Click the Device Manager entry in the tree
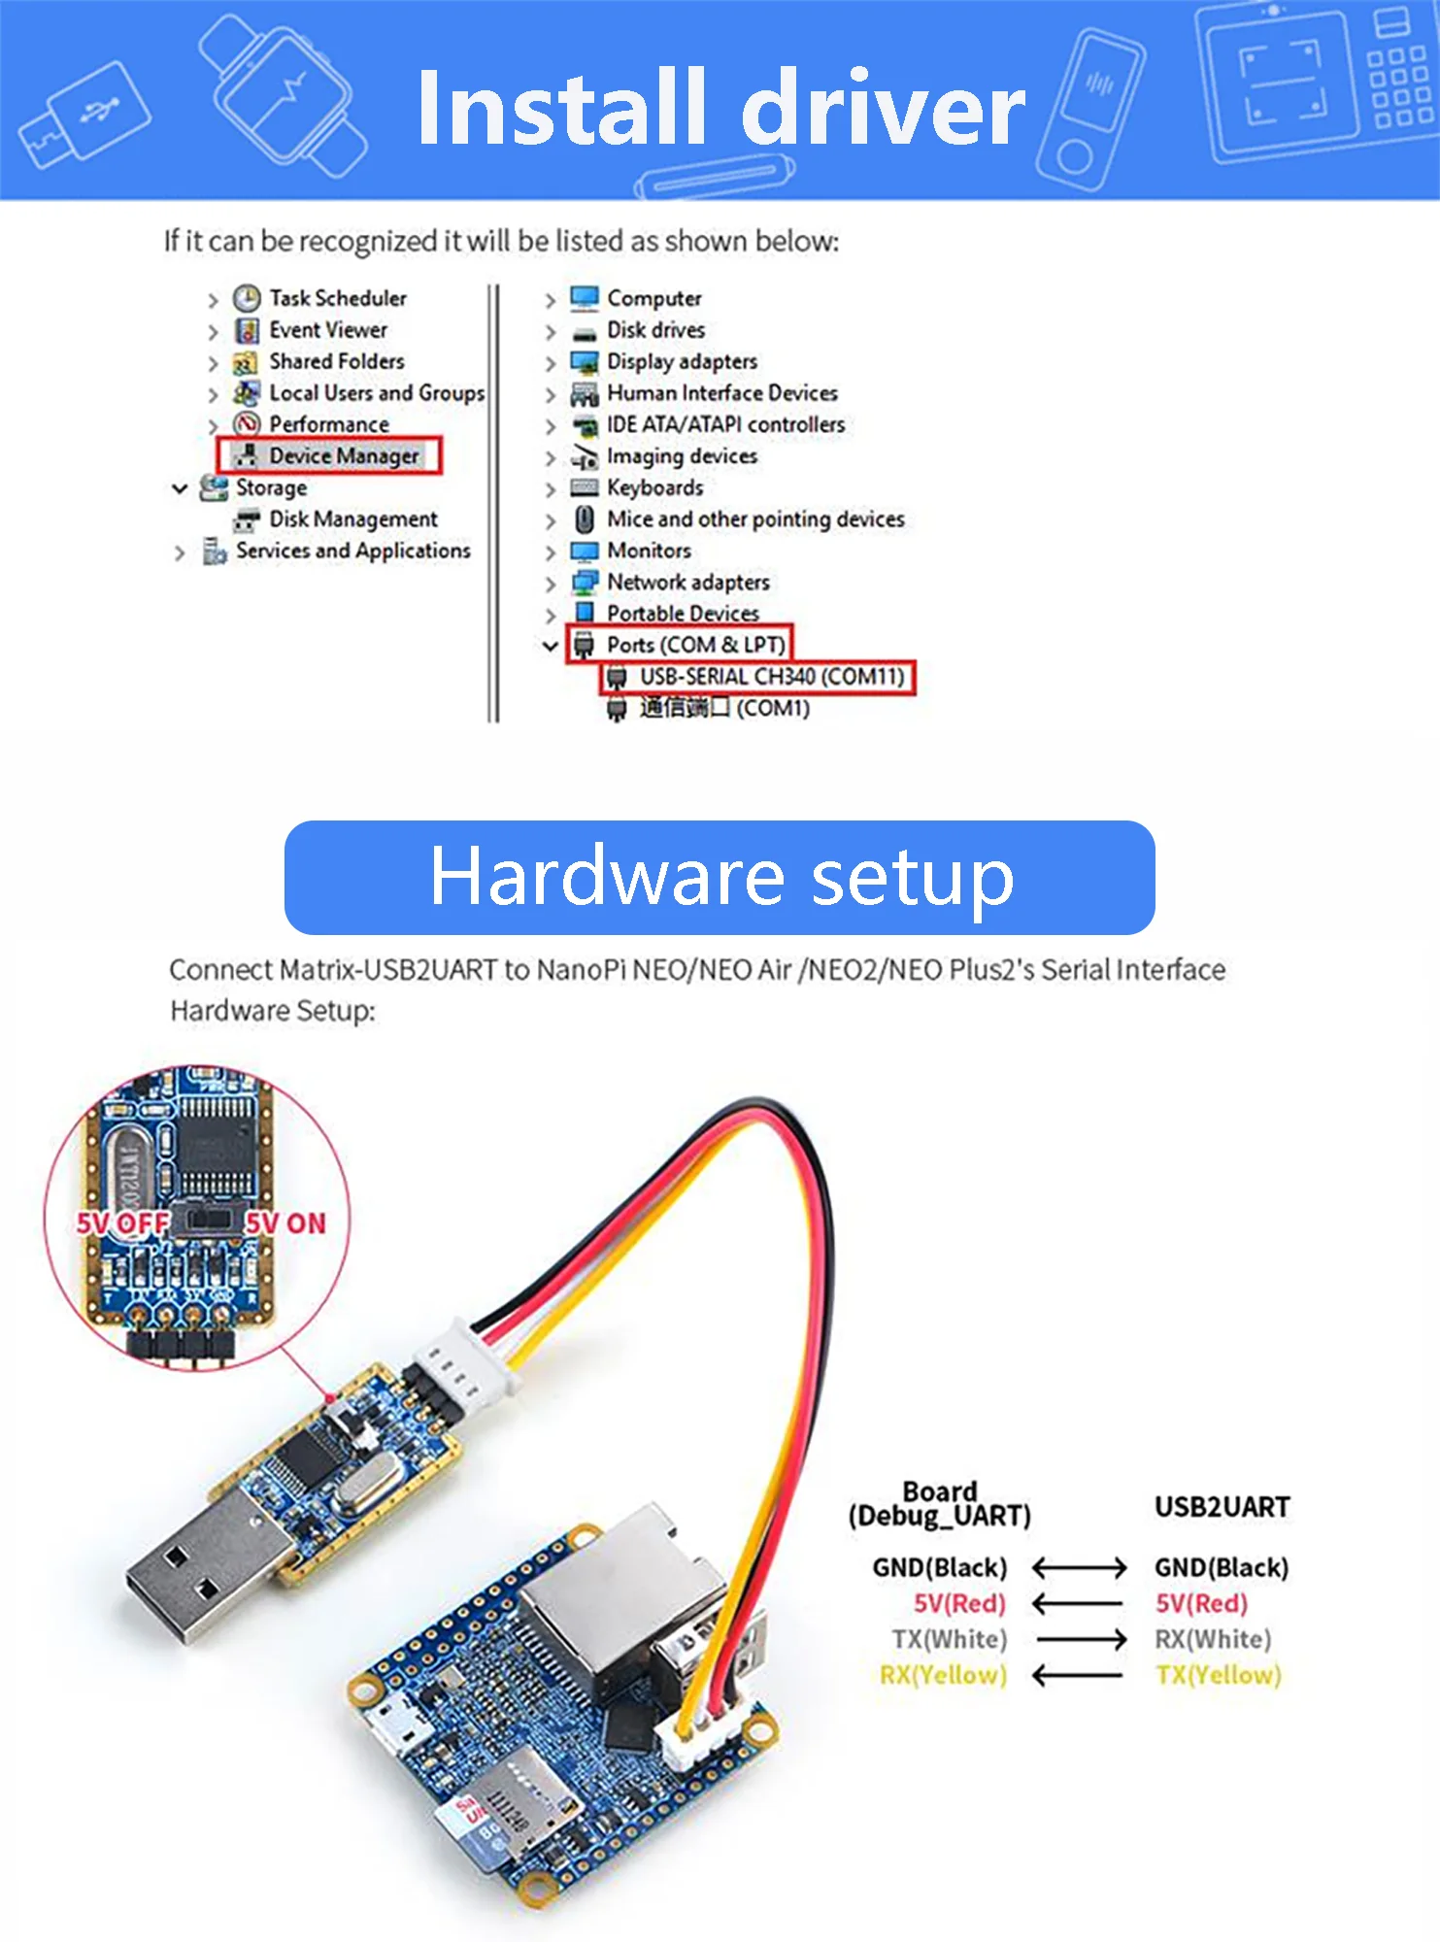tap(343, 455)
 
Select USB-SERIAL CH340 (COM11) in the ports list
tap(771, 677)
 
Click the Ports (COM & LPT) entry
tap(695, 645)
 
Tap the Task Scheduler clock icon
tap(247, 298)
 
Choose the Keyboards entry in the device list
tap(654, 487)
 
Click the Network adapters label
tap(687, 582)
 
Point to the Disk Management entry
tap(352, 519)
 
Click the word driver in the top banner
tap(883, 109)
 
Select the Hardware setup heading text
tap(720, 877)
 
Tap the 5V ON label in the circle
tap(286, 1223)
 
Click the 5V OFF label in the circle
tap(121, 1223)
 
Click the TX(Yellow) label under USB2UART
tap(1219, 1675)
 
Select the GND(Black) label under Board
tap(940, 1567)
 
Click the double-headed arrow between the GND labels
tap(1079, 1567)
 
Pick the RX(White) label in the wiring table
tap(1213, 1639)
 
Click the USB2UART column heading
tap(1222, 1507)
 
